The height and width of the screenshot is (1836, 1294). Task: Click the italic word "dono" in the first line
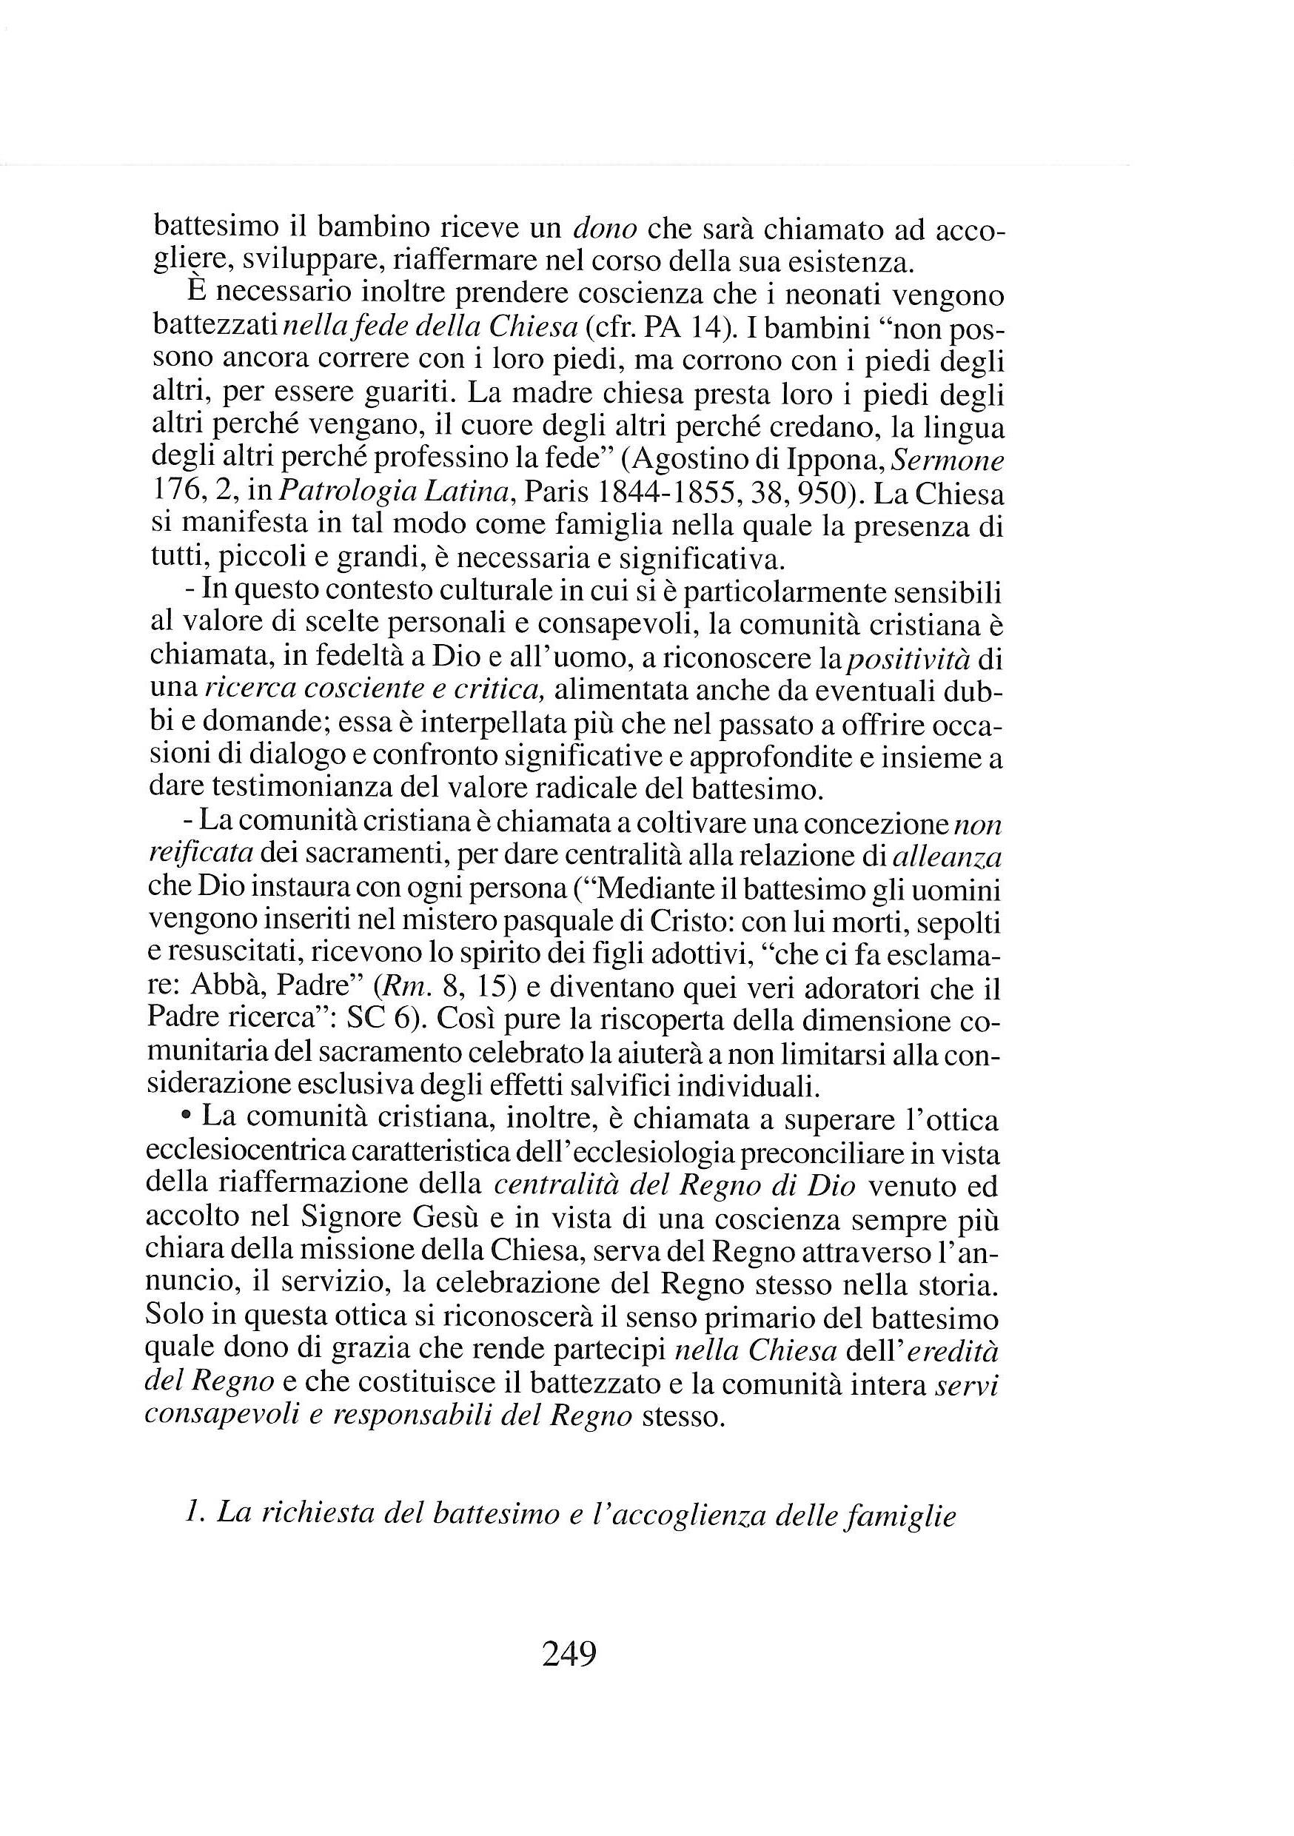tap(606, 229)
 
